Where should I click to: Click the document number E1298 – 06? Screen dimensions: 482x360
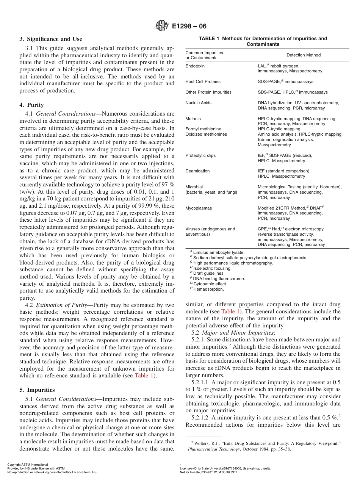click(x=189, y=27)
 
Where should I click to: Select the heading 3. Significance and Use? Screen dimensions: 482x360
click(x=51, y=39)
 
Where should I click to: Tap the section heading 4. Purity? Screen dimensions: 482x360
click(x=31, y=105)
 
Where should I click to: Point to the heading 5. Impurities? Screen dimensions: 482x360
click(x=37, y=390)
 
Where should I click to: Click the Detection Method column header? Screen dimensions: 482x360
click(x=303, y=55)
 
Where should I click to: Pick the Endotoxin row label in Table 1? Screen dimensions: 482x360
click(x=195, y=66)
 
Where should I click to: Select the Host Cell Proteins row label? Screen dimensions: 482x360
click(x=203, y=81)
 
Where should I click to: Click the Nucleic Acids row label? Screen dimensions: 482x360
click(x=198, y=103)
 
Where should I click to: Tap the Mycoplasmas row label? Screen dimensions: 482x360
click(x=199, y=208)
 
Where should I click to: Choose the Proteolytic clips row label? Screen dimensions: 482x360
click(x=200, y=155)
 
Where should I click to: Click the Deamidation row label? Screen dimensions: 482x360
click(x=197, y=171)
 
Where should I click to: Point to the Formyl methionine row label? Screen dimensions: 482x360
click(x=203, y=129)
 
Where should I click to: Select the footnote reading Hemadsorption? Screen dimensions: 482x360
click(x=208, y=289)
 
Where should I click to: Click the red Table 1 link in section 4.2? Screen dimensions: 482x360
click(x=144, y=376)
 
